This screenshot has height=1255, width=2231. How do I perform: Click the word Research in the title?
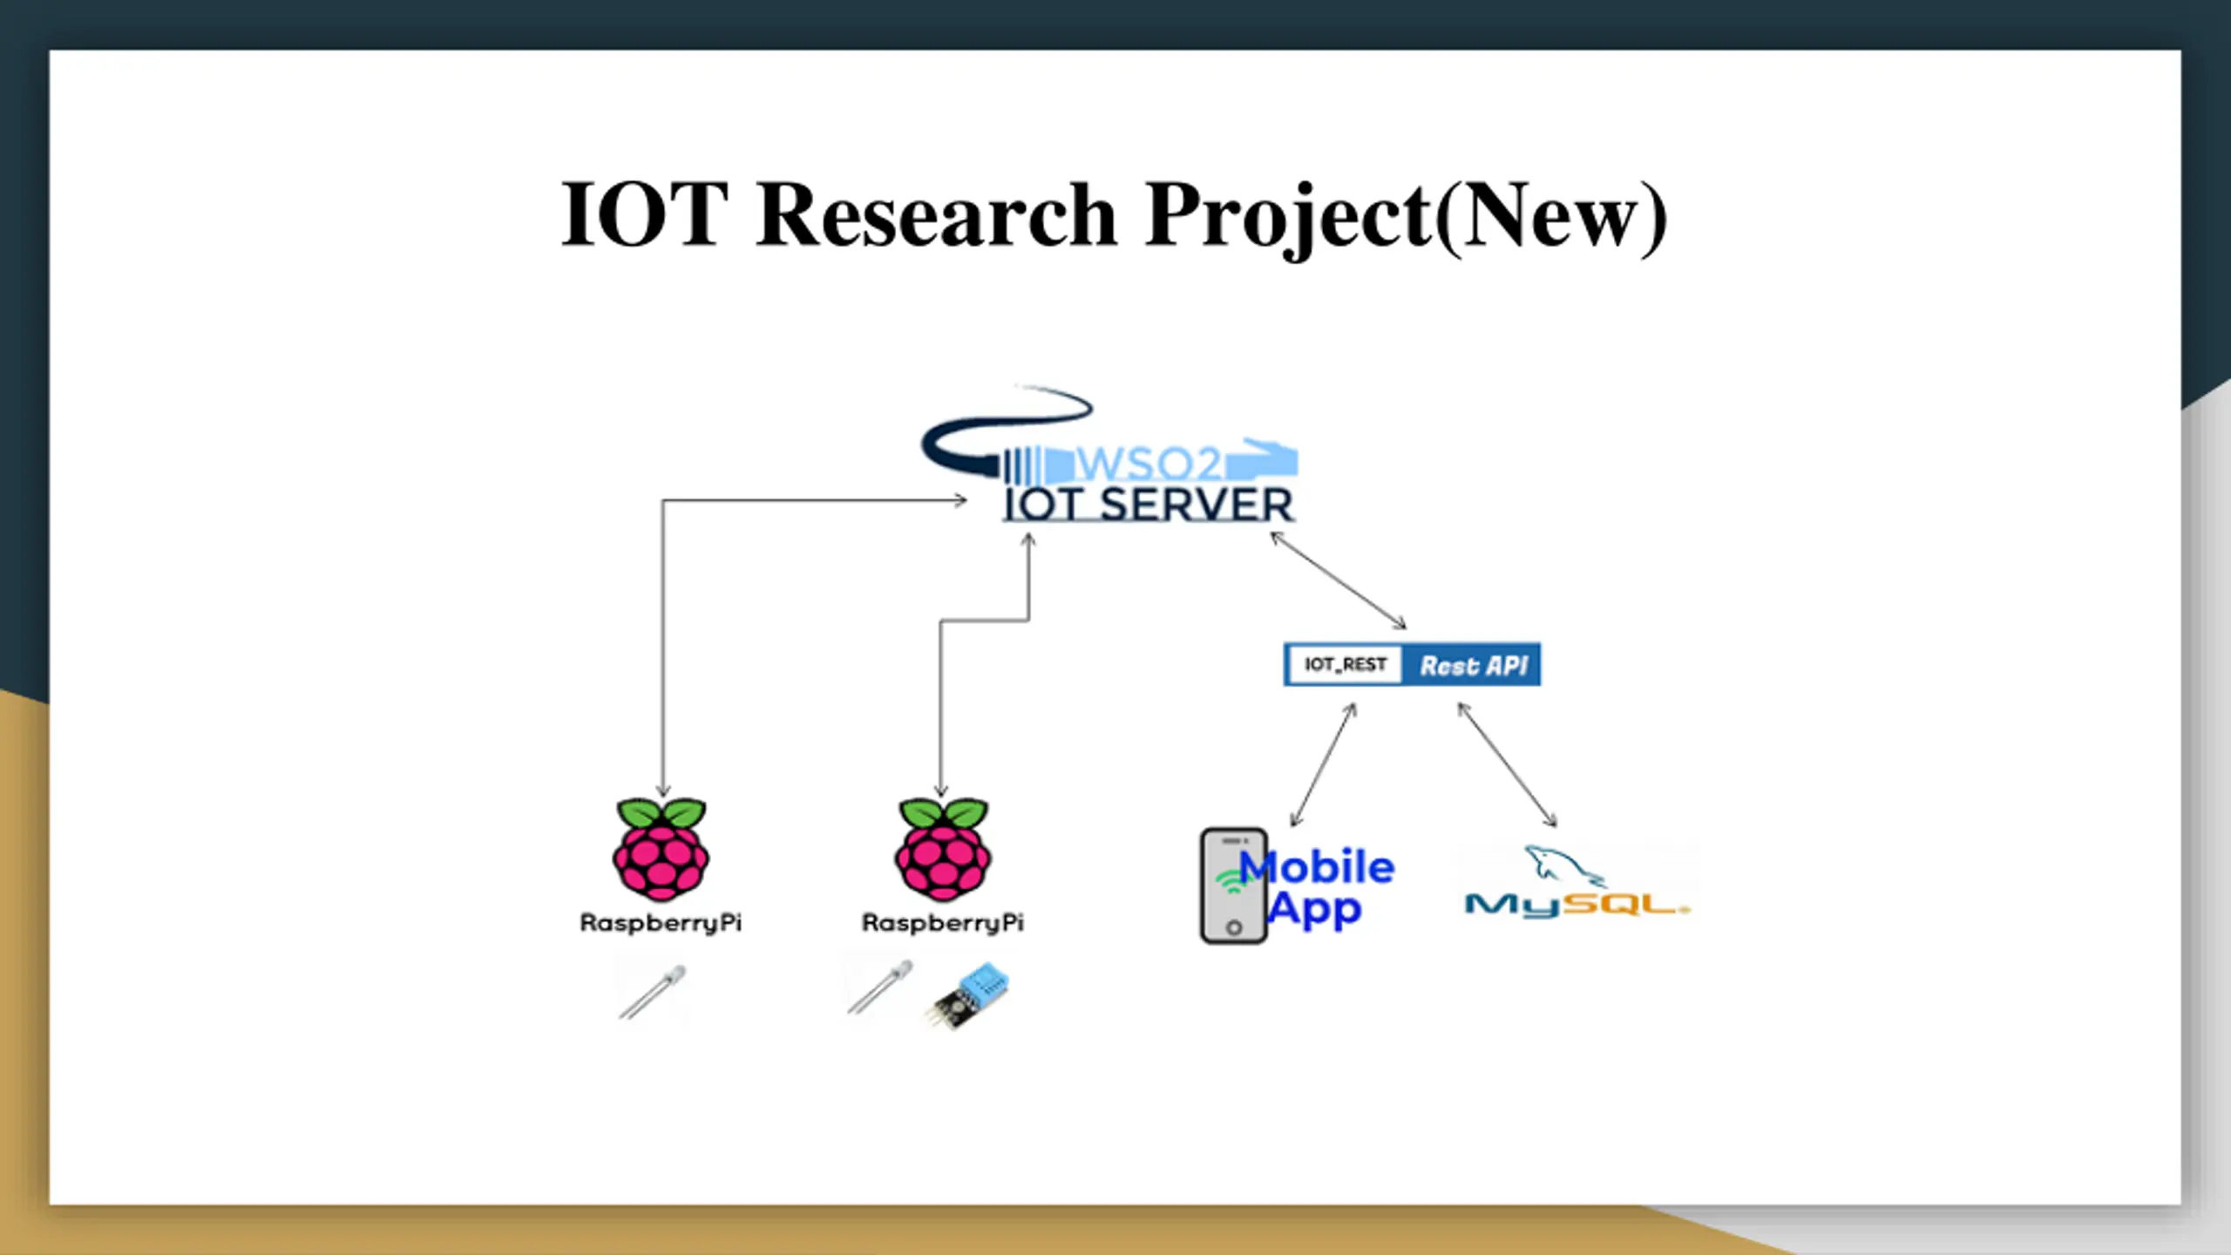[x=936, y=214]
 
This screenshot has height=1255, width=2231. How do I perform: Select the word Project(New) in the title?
[x=1405, y=214]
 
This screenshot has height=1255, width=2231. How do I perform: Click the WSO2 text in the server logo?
[x=1149, y=464]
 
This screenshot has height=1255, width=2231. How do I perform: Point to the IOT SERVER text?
[x=1149, y=505]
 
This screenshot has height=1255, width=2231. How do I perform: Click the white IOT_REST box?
[x=1345, y=665]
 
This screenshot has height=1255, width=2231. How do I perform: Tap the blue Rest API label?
[x=1473, y=666]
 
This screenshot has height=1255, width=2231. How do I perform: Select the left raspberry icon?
[x=661, y=850]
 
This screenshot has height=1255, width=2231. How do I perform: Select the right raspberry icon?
[x=943, y=850]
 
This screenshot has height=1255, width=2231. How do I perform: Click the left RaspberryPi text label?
[x=661, y=922]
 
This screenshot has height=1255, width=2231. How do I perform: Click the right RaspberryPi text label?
[x=943, y=922]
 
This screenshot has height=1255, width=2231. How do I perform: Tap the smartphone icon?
[x=1233, y=885]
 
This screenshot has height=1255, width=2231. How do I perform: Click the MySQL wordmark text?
[x=1577, y=905]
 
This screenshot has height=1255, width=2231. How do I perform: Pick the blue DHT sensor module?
[x=971, y=995]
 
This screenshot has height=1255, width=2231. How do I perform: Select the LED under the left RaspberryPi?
[x=653, y=992]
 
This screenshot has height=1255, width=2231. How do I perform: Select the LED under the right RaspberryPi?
[x=880, y=987]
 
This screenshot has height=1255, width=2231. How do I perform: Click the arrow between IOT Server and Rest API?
[x=1338, y=580]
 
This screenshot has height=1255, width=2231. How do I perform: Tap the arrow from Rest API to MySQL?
[x=1507, y=764]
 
